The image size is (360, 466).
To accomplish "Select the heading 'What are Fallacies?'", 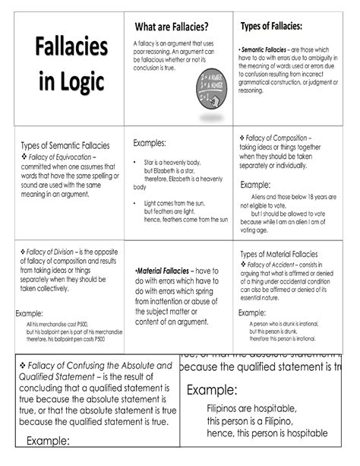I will click(x=172, y=27).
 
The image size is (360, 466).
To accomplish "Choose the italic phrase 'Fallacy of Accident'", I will click(x=279, y=264).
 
